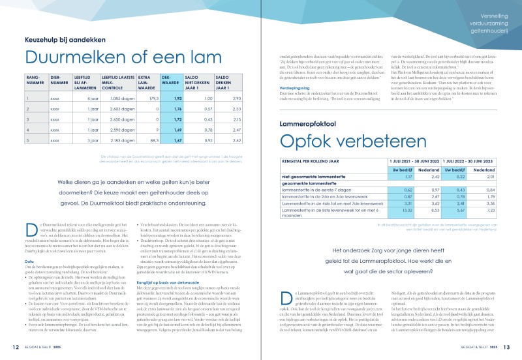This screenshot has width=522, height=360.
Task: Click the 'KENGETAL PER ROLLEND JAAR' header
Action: tap(314, 160)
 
